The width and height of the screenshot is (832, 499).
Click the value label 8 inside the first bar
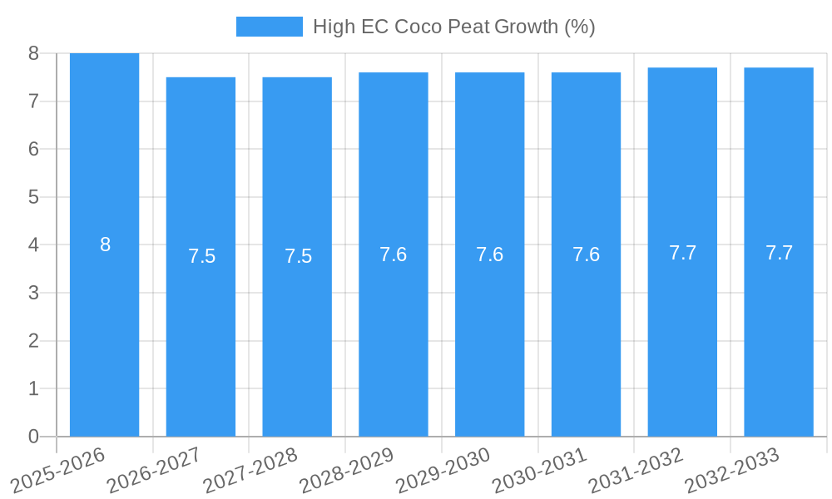tap(105, 245)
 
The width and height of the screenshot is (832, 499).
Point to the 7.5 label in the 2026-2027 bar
tap(201, 256)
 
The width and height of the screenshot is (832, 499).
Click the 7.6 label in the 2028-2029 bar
tap(393, 254)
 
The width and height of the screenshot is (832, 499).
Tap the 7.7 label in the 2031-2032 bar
tap(682, 253)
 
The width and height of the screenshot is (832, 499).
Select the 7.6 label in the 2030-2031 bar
tap(586, 254)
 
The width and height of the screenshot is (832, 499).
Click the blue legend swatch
tap(269, 27)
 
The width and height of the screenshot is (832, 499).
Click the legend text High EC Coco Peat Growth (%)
tap(453, 27)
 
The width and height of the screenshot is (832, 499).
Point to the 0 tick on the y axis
tap(33, 437)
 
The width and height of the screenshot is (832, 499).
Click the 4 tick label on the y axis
tap(33, 245)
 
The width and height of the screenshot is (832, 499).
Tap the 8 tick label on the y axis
tap(33, 53)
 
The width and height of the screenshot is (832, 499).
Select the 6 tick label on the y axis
tap(33, 149)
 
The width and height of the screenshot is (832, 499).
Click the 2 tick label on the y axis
tap(33, 341)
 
